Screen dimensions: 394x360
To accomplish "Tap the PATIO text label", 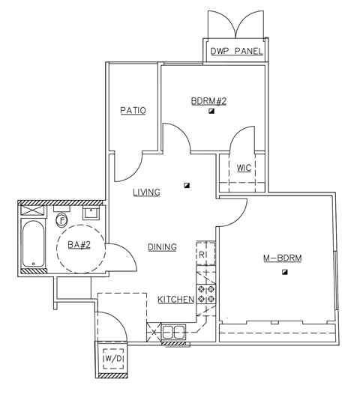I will (133, 111).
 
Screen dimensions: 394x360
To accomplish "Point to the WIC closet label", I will (244, 167).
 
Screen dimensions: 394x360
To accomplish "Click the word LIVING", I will (146, 193).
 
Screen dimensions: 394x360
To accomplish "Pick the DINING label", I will (161, 246).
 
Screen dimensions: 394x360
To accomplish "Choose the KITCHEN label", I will (176, 300).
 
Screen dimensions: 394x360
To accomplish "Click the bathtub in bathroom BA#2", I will (32, 244).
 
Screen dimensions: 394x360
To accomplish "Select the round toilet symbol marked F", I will (61, 220).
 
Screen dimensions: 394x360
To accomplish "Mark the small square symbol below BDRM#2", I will (212, 111).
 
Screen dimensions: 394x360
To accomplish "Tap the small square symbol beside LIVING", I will (187, 185).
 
